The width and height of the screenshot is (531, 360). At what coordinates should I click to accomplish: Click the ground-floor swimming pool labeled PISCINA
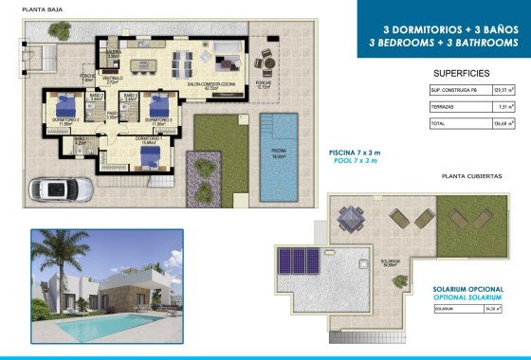(278, 156)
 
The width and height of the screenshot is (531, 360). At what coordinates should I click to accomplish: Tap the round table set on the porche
(266, 64)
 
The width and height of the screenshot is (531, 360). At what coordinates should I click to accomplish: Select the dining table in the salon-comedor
(181, 63)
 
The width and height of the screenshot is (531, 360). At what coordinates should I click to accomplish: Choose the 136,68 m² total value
(504, 124)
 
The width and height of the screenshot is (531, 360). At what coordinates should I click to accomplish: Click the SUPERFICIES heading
(461, 72)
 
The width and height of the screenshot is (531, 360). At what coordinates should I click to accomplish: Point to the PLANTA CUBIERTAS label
(472, 176)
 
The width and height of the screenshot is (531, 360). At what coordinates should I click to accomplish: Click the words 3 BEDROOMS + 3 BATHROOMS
(444, 43)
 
